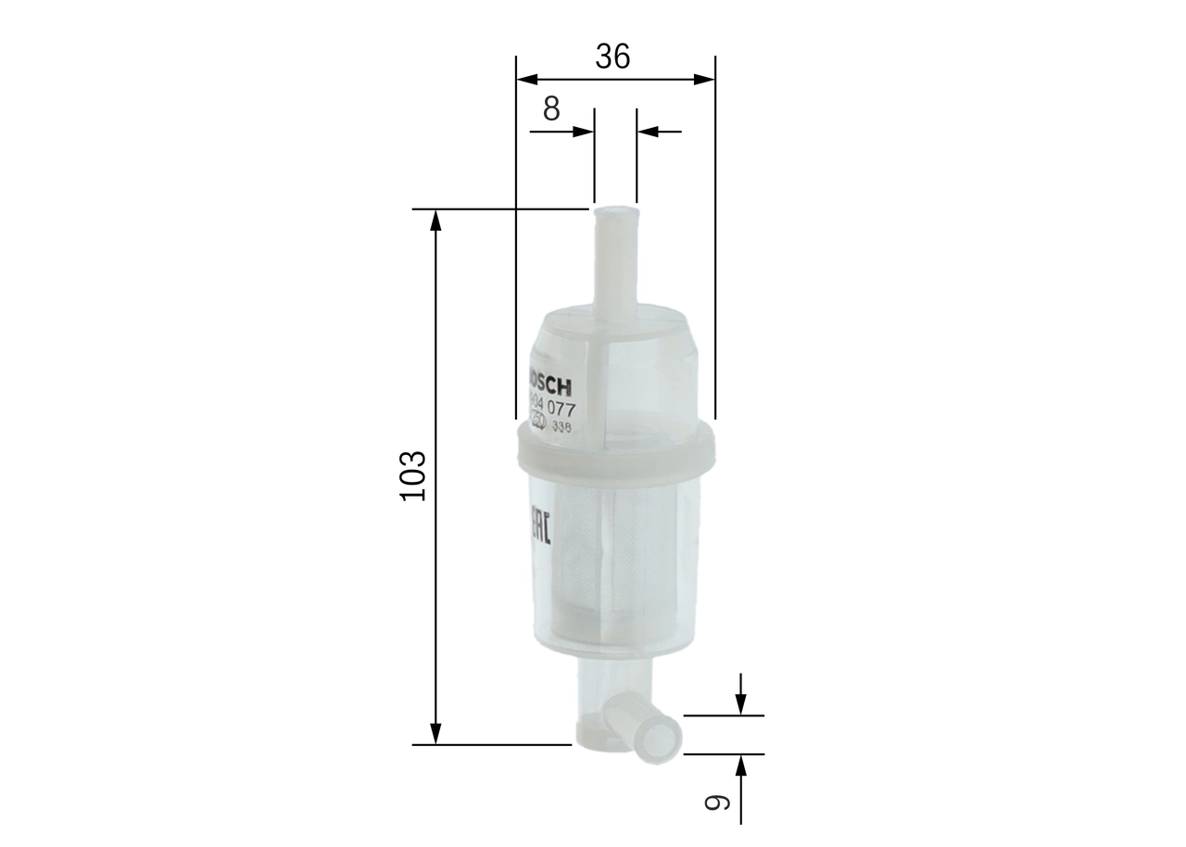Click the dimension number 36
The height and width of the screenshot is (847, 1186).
(x=612, y=57)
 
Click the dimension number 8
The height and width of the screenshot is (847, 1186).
(x=551, y=109)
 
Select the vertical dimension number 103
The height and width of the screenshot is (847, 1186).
(x=411, y=476)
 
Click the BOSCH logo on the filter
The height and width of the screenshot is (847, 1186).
(x=549, y=383)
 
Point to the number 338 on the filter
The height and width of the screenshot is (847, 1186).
(x=562, y=427)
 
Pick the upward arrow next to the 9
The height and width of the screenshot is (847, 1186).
(x=740, y=765)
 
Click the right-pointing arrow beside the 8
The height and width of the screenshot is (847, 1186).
(x=583, y=132)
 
